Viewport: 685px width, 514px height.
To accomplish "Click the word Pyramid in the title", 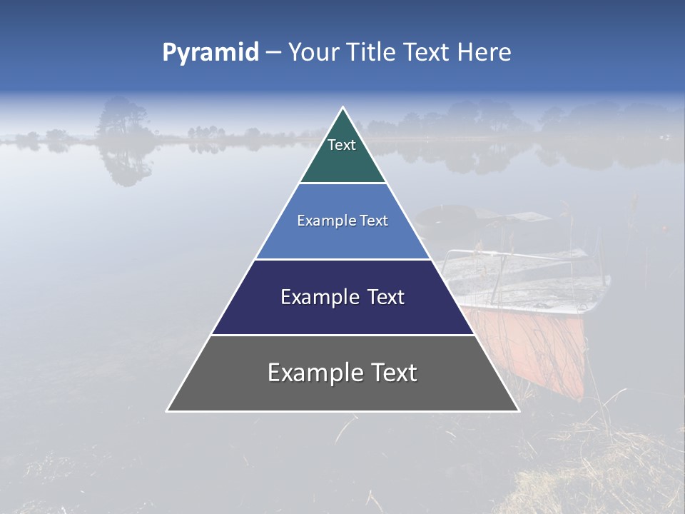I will (210, 52).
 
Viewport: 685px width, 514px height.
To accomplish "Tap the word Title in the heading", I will (373, 52).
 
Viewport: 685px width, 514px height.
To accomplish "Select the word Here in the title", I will (484, 52).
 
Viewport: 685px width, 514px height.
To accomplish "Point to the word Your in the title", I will (313, 52).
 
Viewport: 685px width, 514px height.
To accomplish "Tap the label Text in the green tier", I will (342, 145).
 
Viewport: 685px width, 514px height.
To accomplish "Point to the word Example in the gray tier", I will (311, 373).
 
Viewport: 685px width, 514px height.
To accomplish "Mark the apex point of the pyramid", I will (342, 109).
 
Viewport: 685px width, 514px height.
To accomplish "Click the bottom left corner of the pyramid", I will (168, 410).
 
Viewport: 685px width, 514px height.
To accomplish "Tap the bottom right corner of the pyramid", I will (518, 410).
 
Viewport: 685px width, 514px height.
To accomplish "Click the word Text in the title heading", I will (429, 52).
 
